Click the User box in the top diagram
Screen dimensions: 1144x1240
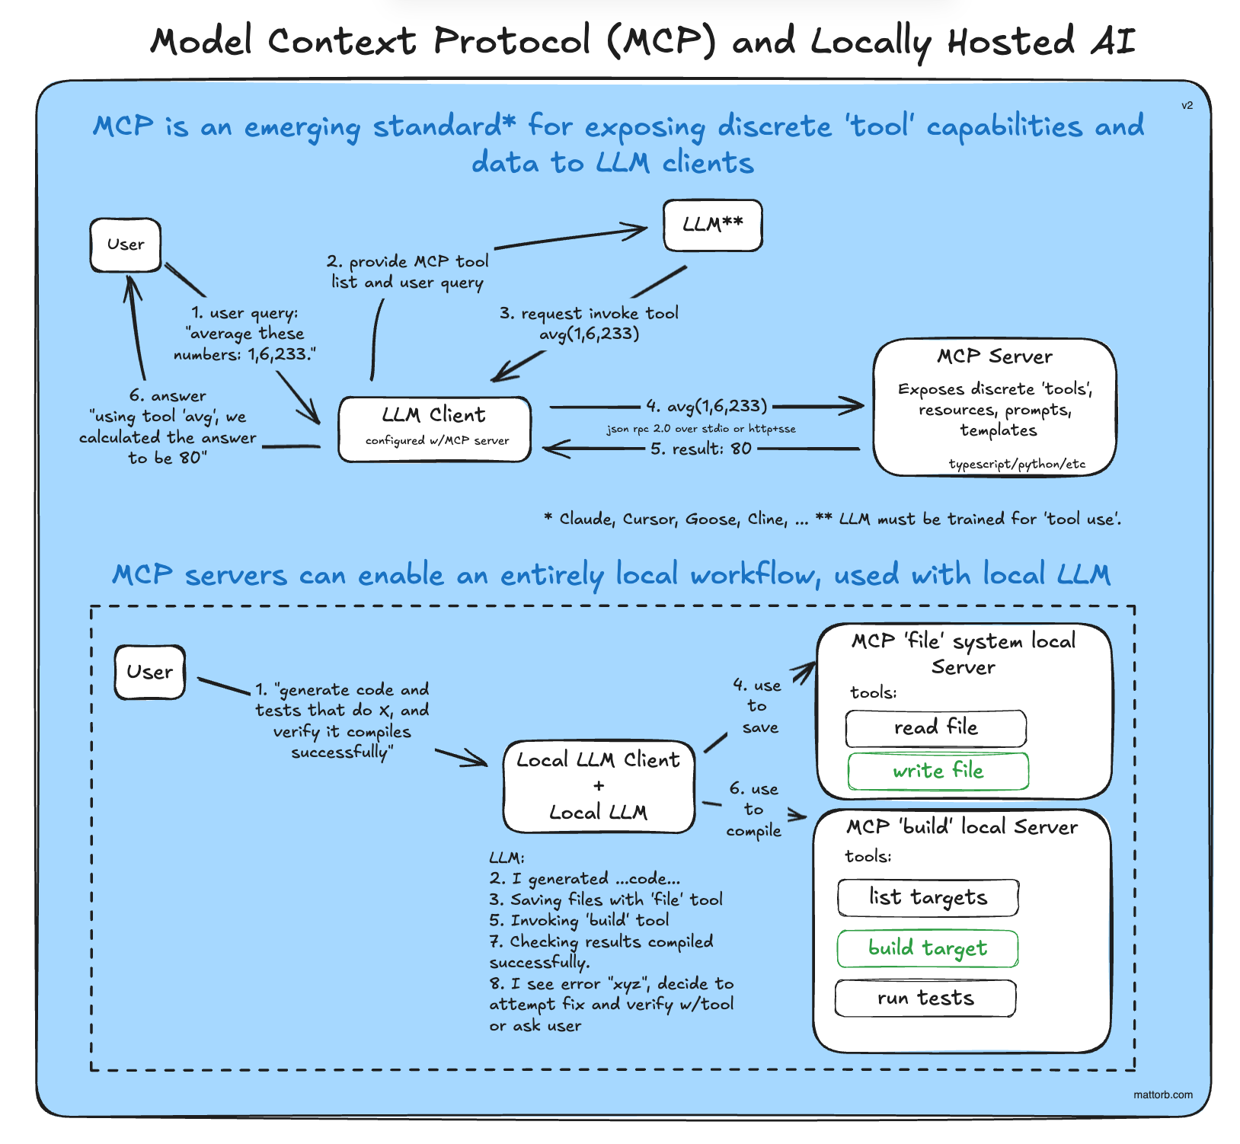pos(126,245)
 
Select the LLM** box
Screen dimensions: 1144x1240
pos(712,225)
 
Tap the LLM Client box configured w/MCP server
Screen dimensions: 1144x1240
pos(435,429)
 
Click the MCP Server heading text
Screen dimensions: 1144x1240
pos(994,356)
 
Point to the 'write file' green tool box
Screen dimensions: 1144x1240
pos(938,771)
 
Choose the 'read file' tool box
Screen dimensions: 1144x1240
pos(935,728)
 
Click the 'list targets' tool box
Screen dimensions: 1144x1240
pos(928,898)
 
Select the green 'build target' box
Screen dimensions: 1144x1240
pos(927,948)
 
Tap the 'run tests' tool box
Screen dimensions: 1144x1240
pos(925,999)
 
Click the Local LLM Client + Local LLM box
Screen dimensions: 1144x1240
pos(599,786)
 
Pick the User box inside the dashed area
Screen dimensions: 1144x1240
pos(150,673)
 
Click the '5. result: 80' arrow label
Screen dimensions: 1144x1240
pos(701,449)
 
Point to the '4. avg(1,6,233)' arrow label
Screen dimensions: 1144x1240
pos(706,406)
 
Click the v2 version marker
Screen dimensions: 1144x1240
pos(1187,106)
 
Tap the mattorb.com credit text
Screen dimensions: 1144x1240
pos(1162,1094)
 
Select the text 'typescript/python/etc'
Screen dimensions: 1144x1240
pos(1017,464)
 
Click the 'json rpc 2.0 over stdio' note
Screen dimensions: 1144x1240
pos(701,429)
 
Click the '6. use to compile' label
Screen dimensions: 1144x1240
pos(753,810)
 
